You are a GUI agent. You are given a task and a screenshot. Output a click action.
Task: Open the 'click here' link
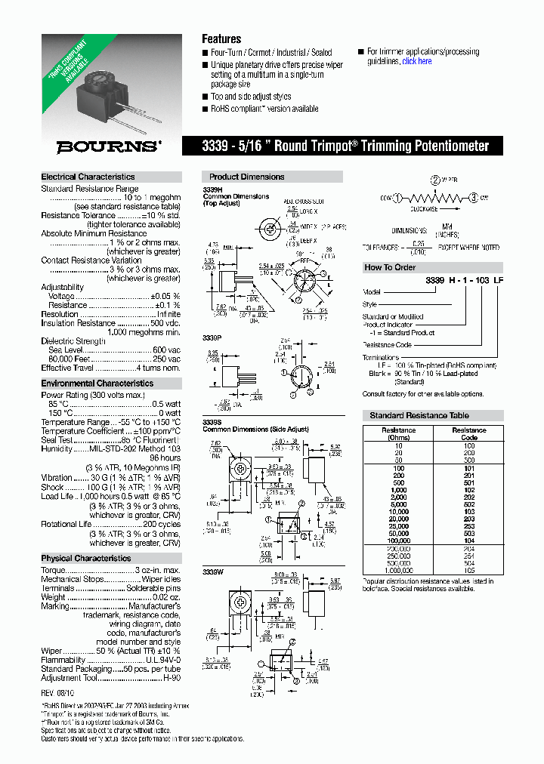tap(417, 62)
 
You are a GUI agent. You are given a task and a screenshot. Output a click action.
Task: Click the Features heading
tap(221, 39)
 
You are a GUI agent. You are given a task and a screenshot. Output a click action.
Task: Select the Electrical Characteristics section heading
tap(88, 177)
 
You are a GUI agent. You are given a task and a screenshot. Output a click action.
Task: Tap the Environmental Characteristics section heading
tap(97, 384)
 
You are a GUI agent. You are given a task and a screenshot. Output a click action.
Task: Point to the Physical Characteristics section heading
tap(85, 559)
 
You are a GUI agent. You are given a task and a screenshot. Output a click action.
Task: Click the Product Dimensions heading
tap(246, 177)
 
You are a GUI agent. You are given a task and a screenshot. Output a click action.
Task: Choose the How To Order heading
tap(390, 267)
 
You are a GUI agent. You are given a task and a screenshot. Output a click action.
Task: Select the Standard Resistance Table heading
tap(419, 416)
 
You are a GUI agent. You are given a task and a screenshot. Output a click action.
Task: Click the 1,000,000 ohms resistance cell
tap(398, 570)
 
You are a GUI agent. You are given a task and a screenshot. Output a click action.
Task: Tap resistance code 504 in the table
tap(469, 562)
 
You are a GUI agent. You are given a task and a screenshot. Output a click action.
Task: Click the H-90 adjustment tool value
tap(172, 678)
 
